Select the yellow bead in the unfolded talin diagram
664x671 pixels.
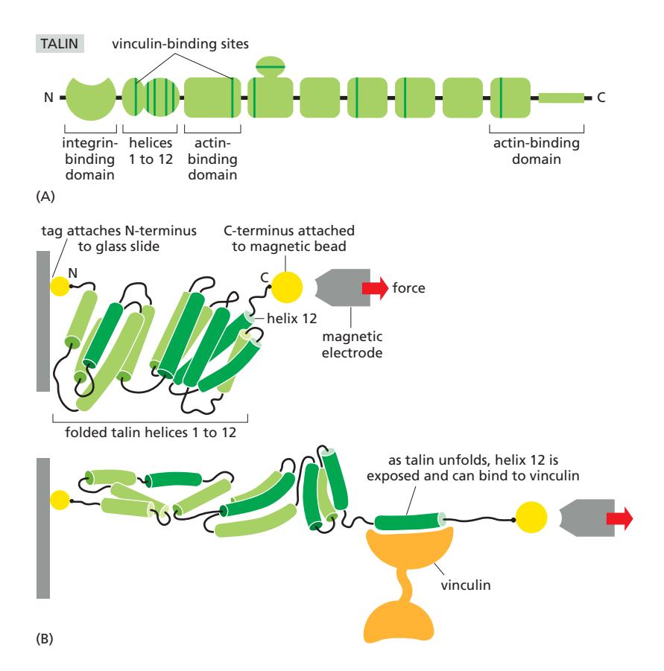(530, 518)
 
